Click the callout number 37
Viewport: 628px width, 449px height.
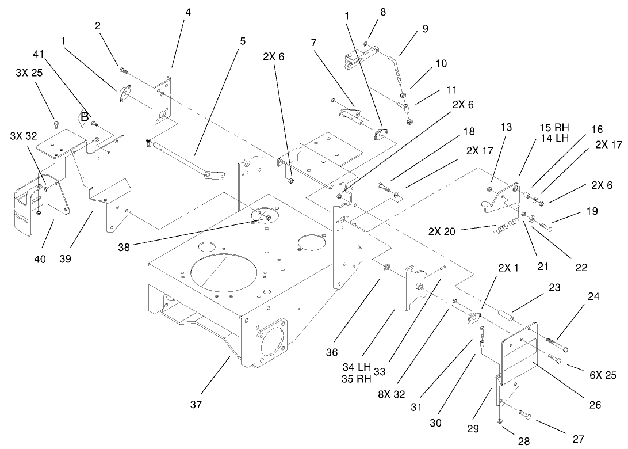pyautogui.click(x=196, y=405)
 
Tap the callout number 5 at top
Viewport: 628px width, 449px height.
pyautogui.click(x=242, y=41)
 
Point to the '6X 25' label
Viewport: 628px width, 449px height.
pyautogui.click(x=603, y=375)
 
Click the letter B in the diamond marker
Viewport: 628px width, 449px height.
pyautogui.click(x=85, y=118)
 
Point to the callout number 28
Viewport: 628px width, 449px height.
pyautogui.click(x=523, y=442)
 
